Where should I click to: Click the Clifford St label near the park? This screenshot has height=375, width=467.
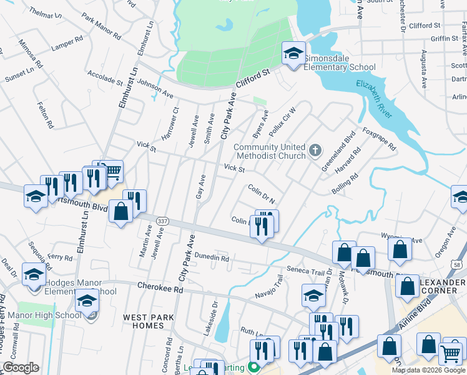point(252,81)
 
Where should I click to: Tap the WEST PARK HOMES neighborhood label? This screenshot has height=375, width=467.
point(149,321)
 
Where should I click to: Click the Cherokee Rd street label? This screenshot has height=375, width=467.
point(160,289)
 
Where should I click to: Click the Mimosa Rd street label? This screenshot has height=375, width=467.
point(31,55)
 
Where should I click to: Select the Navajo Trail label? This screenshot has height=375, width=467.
point(269,289)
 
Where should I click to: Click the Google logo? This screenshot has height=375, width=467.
point(21,367)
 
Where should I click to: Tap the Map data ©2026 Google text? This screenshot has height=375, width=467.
point(428,370)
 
